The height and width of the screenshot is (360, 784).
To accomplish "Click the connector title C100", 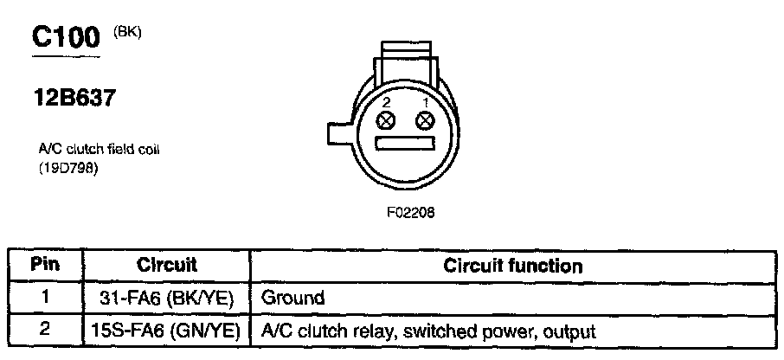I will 67,37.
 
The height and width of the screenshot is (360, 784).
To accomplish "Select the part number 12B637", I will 73,99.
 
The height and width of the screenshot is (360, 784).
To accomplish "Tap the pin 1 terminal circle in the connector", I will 424,121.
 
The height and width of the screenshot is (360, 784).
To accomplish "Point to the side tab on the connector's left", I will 339,134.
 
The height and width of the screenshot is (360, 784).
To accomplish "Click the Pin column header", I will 45,265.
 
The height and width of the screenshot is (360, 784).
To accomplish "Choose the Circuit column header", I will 166,265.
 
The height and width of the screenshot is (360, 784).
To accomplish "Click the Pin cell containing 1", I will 45,298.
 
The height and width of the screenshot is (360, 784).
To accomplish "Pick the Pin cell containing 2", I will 45,331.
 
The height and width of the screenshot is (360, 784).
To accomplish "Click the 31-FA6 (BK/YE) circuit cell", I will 166,298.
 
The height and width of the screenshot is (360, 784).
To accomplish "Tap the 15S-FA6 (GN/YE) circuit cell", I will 166,331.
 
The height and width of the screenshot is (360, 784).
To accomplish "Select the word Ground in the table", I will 292,299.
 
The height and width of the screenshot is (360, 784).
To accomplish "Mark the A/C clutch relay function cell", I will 428,331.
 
